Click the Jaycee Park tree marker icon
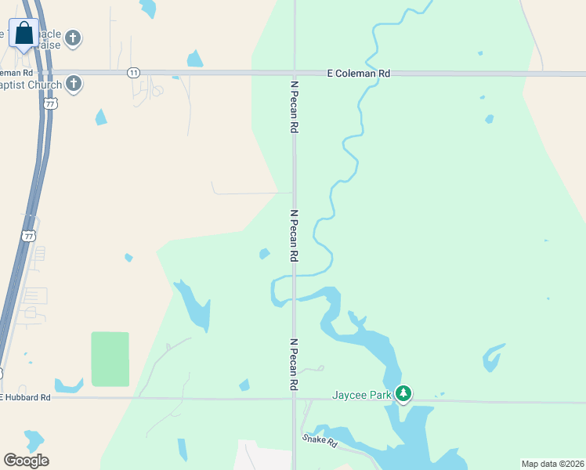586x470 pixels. coord(403,393)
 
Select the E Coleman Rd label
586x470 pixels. coord(358,73)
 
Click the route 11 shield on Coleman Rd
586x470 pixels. coord(134,73)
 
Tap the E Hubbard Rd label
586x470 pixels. coord(26,398)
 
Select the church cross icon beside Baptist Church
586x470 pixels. coord(74,83)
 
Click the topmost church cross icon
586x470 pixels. coord(73,37)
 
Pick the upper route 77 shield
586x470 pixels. coord(51,103)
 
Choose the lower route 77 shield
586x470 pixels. coord(29,236)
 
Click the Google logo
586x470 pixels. coord(26,461)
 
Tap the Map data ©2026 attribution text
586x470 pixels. coord(552,464)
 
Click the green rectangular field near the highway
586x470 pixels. coord(110,359)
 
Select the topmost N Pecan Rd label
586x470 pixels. coord(295,105)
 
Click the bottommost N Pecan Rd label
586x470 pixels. coord(294,364)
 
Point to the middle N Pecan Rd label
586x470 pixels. coord(294,235)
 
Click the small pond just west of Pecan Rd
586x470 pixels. coord(265,253)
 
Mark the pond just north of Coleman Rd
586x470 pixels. coord(194,59)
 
